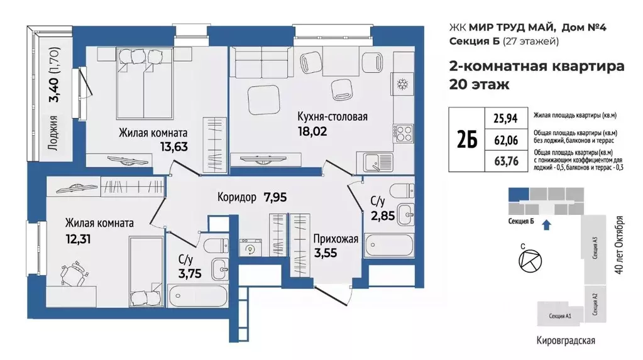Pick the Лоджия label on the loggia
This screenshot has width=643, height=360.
click(x=53, y=131)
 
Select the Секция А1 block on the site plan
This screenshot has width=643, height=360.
click(x=559, y=315)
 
